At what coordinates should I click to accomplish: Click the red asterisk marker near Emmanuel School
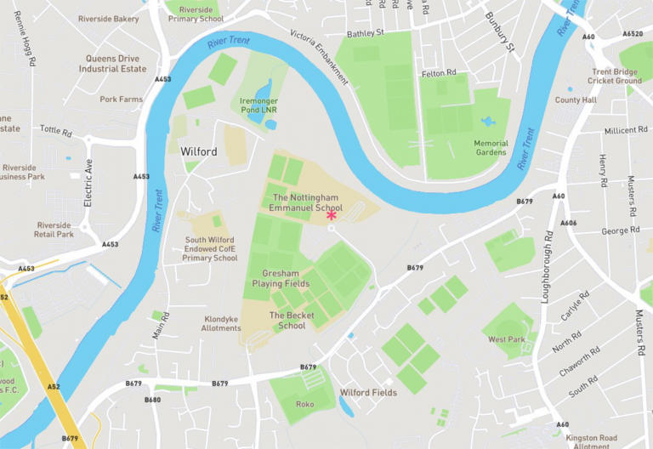pyautogui.click(x=332, y=216)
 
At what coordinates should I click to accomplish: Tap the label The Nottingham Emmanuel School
pyautogui.click(x=305, y=202)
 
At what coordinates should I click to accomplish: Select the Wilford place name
pyautogui.click(x=199, y=151)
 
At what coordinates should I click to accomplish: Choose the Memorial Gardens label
pyautogui.click(x=491, y=148)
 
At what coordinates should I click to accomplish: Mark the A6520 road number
pyautogui.click(x=633, y=35)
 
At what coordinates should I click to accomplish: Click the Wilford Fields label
pyautogui.click(x=368, y=393)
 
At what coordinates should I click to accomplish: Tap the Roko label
pyautogui.click(x=305, y=404)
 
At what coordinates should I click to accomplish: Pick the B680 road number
pyautogui.click(x=152, y=400)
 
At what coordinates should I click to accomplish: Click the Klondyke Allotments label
pyautogui.click(x=222, y=324)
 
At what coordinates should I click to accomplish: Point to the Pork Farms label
pyautogui.click(x=121, y=99)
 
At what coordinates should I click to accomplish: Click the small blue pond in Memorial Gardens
pyautogui.click(x=487, y=122)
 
